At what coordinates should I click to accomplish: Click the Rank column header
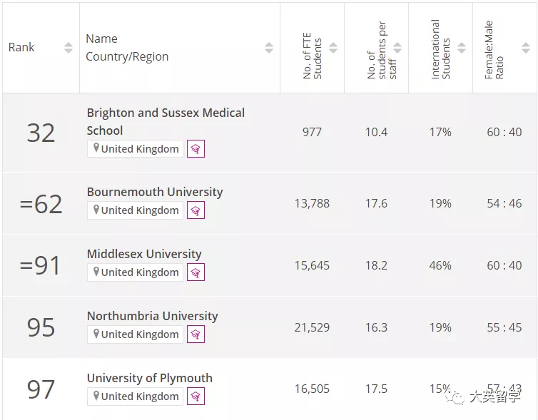21,48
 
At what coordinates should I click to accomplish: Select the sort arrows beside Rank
68,48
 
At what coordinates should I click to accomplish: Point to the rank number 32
41,133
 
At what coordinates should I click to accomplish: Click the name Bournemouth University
155,192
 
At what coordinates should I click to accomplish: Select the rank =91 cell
41,265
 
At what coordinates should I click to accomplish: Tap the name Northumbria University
152,316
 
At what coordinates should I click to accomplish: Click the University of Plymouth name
149,378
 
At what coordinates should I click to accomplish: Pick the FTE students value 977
312,132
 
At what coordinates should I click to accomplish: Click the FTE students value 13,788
312,203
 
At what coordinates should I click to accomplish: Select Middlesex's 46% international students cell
440,265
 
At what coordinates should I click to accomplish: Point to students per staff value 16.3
376,327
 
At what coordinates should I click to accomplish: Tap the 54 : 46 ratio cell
504,203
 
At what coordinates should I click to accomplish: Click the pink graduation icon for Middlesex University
196,272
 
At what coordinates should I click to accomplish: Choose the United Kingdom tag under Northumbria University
135,334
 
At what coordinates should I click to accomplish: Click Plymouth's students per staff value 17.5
376,389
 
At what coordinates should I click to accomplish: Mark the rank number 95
41,327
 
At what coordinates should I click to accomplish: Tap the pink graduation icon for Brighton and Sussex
196,149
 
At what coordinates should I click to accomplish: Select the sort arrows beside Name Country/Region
269,48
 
